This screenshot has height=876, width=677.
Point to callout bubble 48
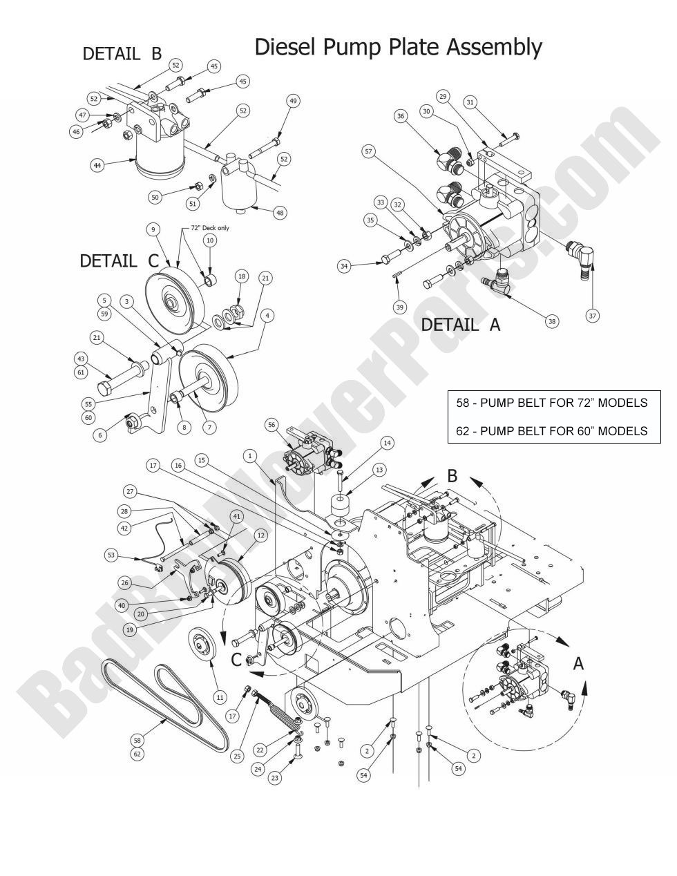280,213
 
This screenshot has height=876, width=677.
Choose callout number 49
293,101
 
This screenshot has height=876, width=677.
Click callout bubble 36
401,117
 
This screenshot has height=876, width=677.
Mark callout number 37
592,315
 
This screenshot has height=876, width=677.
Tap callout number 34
344,265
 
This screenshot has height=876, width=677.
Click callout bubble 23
275,778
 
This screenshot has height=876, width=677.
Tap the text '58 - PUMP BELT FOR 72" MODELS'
552,402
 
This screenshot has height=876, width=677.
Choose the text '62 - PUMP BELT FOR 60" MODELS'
552,430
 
